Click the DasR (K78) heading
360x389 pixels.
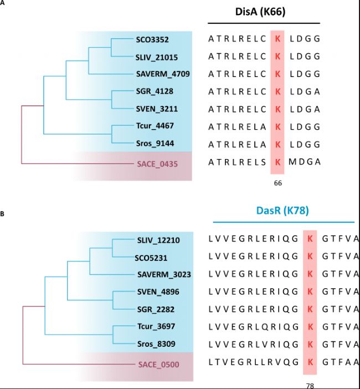pos(283,211)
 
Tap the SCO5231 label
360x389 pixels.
pos(152,258)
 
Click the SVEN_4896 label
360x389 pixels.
pos(158,291)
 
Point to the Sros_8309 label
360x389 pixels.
pos(156,344)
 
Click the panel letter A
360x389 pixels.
pos(3,3)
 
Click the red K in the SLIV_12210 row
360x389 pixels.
pos(310,240)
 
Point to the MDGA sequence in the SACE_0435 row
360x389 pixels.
pos(305,162)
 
